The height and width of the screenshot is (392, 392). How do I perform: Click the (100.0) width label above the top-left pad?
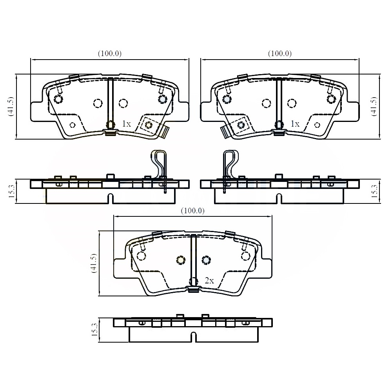coord(109,54)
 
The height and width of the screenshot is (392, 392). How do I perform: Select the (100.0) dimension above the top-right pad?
coord(279,54)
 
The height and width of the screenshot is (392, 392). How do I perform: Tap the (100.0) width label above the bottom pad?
coord(192,211)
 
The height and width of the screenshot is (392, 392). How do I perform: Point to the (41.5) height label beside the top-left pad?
coord(11,106)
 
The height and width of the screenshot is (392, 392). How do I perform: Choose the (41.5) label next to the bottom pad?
coord(94,263)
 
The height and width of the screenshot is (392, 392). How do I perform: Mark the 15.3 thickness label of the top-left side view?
coord(11,191)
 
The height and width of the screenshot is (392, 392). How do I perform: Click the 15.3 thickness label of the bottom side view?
coord(94,329)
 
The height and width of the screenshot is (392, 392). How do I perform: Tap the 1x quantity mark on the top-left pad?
coord(126,124)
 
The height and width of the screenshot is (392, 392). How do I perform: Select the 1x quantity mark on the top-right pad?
coord(294,124)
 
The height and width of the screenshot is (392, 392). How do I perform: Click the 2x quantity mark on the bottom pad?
coord(209,281)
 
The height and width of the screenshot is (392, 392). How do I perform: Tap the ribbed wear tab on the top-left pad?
coord(165,131)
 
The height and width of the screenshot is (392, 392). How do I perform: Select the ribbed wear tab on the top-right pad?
coord(225,131)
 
